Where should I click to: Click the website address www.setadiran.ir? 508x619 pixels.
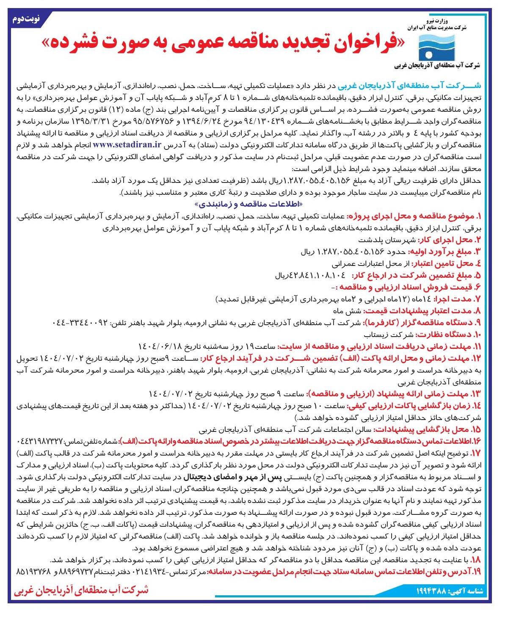coord(127,144)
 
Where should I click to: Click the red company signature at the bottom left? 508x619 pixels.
coord(80,590)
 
